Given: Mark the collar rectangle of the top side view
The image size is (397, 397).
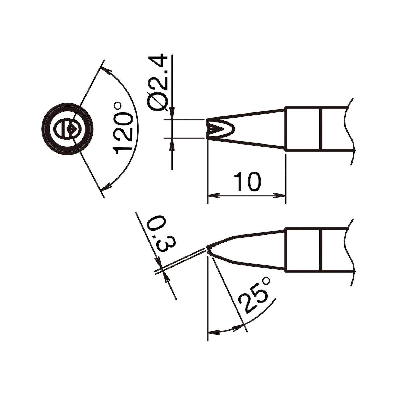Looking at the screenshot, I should (x=303, y=129).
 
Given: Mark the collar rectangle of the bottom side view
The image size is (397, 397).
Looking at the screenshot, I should (x=303, y=250).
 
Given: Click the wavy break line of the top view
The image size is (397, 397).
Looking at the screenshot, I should (x=349, y=130).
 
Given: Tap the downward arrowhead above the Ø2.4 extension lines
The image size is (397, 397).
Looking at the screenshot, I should (x=172, y=113).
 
